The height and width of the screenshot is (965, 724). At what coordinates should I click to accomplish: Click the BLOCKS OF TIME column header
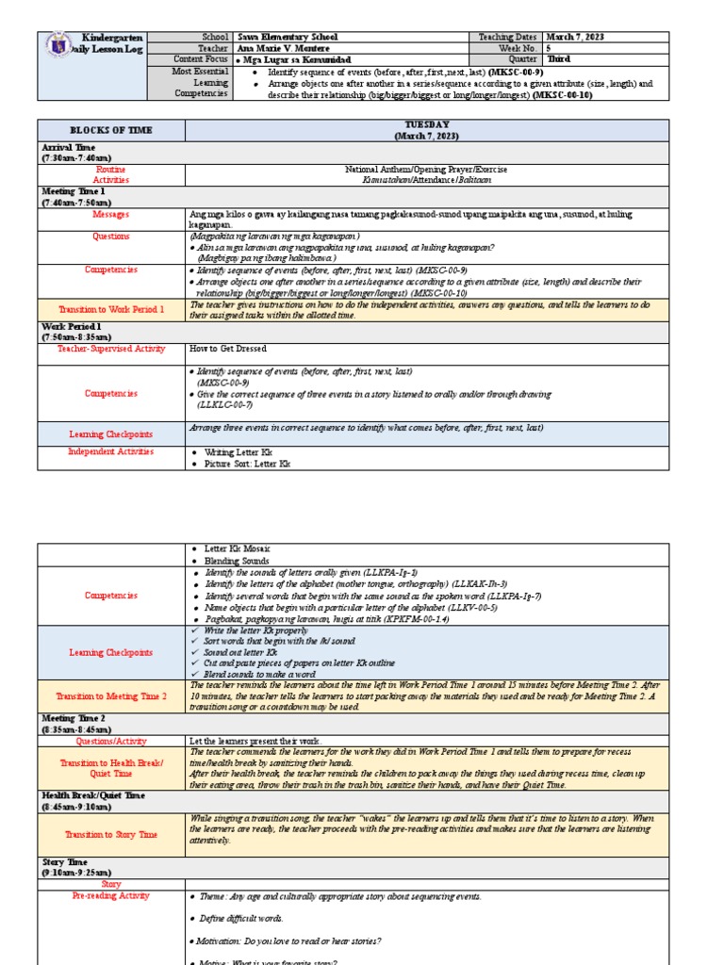coord(110,130)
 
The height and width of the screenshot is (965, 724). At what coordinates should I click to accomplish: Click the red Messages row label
coord(110,214)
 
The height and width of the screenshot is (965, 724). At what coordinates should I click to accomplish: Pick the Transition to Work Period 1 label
coord(110,309)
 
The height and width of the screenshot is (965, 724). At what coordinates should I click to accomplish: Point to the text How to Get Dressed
coord(228,349)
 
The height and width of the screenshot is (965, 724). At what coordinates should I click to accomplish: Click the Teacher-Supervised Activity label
coord(110,349)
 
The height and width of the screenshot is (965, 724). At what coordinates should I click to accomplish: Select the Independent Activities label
coord(110,452)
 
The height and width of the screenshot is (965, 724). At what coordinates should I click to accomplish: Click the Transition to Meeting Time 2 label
coord(110,695)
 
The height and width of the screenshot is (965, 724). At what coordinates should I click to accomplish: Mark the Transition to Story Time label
coord(110,834)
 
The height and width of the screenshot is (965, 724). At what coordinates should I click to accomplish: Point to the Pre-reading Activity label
coord(110,896)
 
